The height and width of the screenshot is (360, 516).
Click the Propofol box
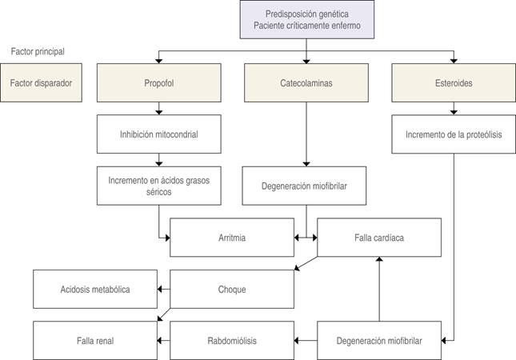click(x=158, y=82)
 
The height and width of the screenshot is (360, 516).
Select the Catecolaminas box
click(x=306, y=82)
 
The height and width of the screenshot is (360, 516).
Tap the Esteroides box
click(x=454, y=82)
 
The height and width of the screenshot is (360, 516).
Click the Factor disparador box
click(x=41, y=82)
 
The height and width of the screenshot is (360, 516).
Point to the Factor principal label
click(x=38, y=51)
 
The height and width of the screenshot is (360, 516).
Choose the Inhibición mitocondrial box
click(x=158, y=134)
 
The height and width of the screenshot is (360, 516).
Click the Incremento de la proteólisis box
click(x=454, y=134)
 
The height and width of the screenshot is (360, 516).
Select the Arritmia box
click(x=232, y=238)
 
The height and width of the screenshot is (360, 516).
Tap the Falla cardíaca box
click(x=379, y=238)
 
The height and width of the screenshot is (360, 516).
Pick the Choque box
click(x=232, y=288)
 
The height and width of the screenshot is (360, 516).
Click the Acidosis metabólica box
click(x=94, y=288)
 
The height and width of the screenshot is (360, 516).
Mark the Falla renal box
click(x=94, y=339)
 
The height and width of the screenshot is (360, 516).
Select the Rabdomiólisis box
click(x=232, y=339)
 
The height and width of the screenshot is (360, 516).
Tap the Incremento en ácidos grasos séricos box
click(x=158, y=186)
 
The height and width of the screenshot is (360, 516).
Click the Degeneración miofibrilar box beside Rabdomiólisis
click(x=380, y=339)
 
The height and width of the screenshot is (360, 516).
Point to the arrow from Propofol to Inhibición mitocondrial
click(x=158, y=109)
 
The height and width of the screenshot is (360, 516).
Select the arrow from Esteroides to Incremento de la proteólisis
click(x=454, y=109)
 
